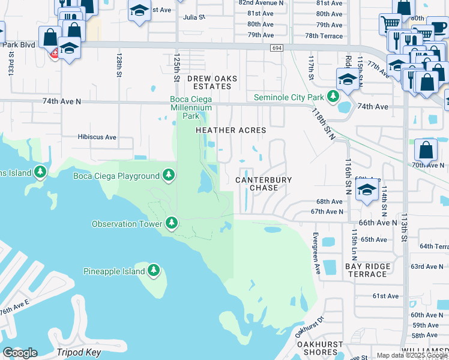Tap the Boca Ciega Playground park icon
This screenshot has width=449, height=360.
pos(169,175)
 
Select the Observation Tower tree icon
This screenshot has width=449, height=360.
pos(172,224)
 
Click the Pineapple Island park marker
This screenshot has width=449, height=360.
pos(154,271)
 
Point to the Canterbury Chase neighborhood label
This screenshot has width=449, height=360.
pos(264,184)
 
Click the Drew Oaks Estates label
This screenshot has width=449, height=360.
pos(212,82)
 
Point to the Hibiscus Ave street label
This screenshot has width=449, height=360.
pos(97,137)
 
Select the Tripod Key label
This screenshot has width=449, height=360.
pos(79,352)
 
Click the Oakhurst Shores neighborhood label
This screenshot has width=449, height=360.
pos(320,349)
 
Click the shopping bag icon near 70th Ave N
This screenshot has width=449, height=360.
pos(426,149)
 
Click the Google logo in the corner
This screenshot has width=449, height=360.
pos(20,353)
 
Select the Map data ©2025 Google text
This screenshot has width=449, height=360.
pos(411,355)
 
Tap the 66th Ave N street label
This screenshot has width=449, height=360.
pos(378,222)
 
